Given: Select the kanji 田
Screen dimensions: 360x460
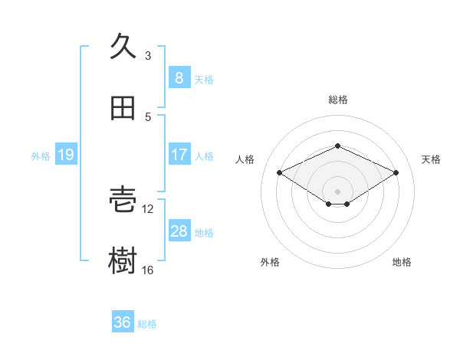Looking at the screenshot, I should point(123,108).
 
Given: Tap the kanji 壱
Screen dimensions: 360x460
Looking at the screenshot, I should point(123,200).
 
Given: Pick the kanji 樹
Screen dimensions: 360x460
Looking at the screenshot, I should point(123,261).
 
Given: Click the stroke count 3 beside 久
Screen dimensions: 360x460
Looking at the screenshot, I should point(148,55).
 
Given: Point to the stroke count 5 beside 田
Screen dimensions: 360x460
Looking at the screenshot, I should point(148,116).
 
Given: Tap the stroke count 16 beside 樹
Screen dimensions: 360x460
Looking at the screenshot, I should point(148,270).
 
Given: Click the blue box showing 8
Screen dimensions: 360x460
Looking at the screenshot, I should point(179,77).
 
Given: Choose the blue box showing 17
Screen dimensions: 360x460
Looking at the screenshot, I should point(179,155).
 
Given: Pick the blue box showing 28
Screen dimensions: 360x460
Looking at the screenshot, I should point(179,231).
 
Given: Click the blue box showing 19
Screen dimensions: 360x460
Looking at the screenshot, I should point(66,155).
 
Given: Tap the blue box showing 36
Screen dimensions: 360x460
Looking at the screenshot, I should point(123,322).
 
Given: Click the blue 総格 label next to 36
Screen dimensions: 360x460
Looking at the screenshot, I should point(147,324).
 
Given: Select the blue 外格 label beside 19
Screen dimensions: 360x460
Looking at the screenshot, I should point(41,155).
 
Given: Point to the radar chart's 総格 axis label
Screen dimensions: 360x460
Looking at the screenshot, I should point(337,100).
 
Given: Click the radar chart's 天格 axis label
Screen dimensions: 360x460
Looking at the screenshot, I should point(431,159).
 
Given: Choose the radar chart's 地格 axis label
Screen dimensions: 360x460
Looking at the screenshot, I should point(402,262).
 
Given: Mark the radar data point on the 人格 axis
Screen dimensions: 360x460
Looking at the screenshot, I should point(280,172).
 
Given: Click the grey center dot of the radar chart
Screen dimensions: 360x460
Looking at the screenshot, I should point(337,191).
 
